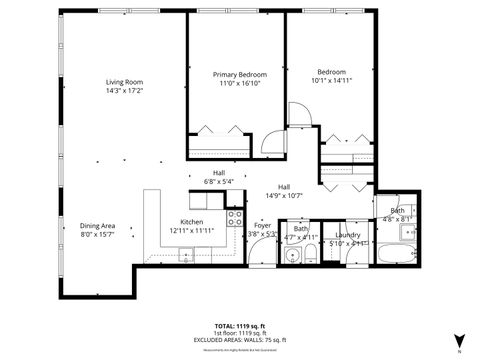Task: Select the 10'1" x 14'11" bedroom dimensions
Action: coord(332,81)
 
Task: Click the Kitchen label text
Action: coord(192,222)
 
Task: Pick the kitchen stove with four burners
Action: coord(236,217)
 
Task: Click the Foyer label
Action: coord(262,225)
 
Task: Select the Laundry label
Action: coord(350,233)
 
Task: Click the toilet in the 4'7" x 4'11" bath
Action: coord(313,253)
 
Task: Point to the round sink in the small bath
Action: coord(291,257)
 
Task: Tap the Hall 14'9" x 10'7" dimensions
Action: coord(284,196)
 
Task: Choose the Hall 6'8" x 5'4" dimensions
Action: coord(218,182)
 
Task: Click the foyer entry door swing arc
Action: coord(262,252)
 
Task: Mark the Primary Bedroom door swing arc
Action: coord(298,115)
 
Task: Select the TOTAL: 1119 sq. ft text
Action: coord(240,326)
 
